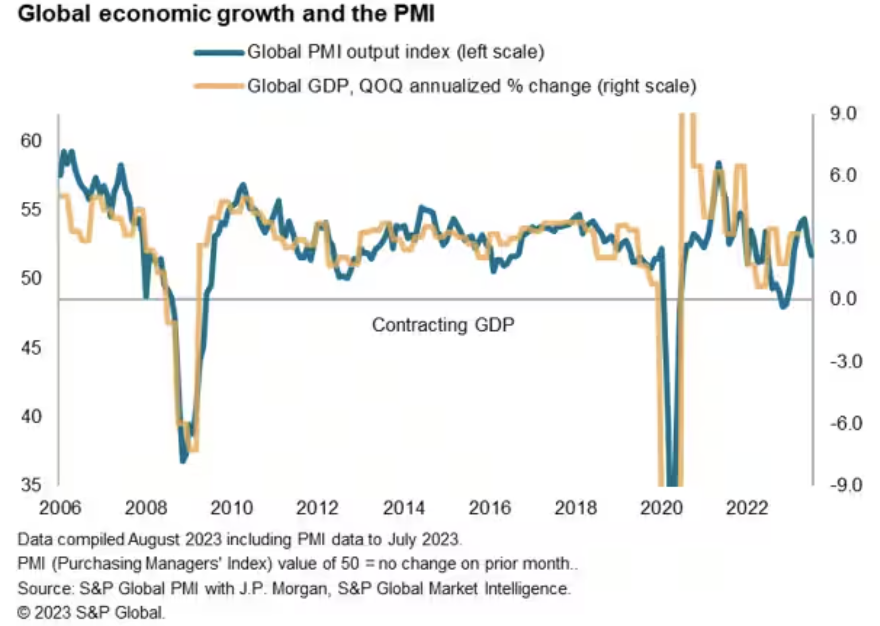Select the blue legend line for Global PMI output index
point(219,53)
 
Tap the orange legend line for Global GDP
point(219,86)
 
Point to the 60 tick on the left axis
point(31,141)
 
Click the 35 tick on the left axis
point(31,485)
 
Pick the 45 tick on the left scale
point(31,348)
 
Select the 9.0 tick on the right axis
point(843,113)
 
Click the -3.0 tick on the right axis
point(845,361)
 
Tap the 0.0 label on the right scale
point(843,299)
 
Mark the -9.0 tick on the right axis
point(845,485)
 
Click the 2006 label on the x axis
point(60,508)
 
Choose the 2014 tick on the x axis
point(404,508)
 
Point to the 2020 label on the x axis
point(661,508)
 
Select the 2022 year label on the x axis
point(747,508)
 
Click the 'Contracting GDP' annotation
point(443,325)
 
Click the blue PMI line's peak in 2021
point(718,164)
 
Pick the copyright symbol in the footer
point(24,613)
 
